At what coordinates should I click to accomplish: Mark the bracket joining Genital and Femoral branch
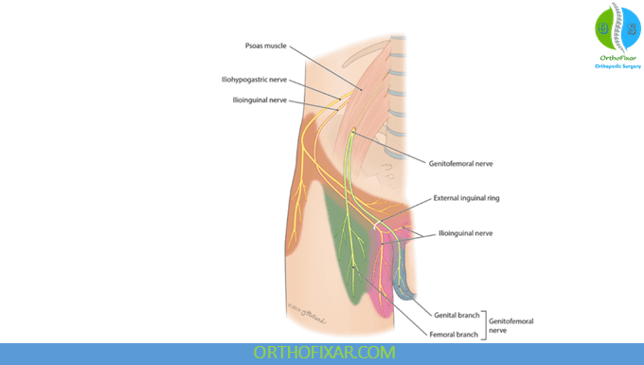click(x=484, y=323)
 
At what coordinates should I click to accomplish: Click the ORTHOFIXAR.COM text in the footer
click(x=321, y=353)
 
